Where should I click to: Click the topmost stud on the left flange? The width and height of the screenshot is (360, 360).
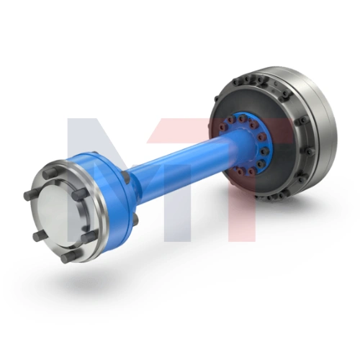(x=50, y=173)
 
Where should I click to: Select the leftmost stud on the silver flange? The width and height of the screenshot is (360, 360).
(x=32, y=194)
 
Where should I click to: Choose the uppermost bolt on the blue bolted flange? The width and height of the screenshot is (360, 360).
(x=241, y=119)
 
